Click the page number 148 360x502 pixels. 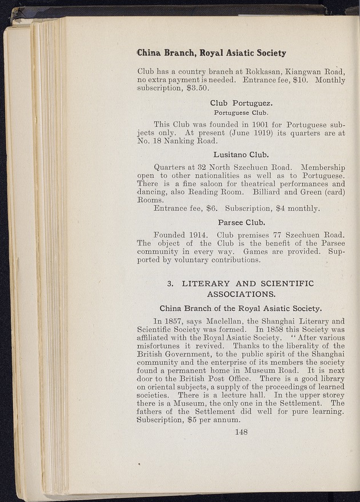pyautogui.click(x=241, y=432)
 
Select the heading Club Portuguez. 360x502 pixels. pyautogui.click(x=241, y=103)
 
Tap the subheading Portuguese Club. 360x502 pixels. pyautogui.click(x=241, y=113)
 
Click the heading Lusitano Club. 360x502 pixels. pyautogui.click(x=241, y=154)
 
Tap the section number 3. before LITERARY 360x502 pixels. pyautogui.click(x=170, y=283)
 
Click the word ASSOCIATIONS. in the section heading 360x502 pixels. pyautogui.click(x=241, y=295)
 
